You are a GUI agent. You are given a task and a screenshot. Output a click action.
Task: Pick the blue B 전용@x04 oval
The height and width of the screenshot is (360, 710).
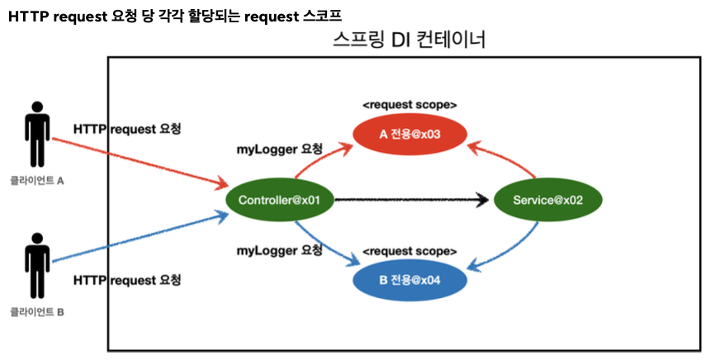click(x=411, y=280)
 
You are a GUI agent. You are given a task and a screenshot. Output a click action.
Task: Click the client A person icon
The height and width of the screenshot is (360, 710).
click(x=38, y=135)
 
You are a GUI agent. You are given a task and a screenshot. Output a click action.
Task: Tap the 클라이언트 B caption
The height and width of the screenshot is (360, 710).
click(x=37, y=312)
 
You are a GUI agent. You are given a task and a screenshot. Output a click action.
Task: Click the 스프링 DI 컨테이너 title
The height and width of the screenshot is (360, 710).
click(x=409, y=39)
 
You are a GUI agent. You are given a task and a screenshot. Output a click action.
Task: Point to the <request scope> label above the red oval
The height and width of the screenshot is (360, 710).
click(x=409, y=105)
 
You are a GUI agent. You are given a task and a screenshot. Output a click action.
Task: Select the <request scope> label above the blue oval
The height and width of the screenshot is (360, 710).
click(x=410, y=249)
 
